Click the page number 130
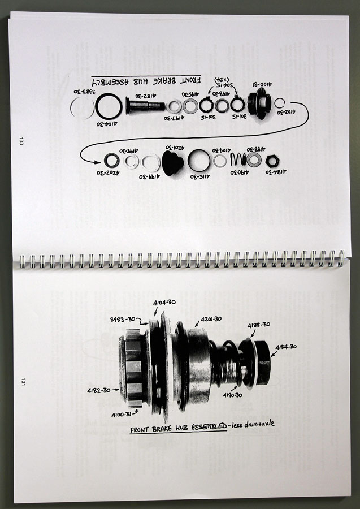[x=21, y=141]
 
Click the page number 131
[x=23, y=382]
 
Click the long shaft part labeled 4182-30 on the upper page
[x=145, y=106]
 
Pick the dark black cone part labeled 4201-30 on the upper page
[x=172, y=162]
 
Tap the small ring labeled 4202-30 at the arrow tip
[x=112, y=161]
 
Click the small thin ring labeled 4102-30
[x=279, y=103]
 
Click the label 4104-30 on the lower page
[x=164, y=303]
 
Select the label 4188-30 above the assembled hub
[x=258, y=325]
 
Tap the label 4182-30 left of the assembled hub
[x=99, y=390]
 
